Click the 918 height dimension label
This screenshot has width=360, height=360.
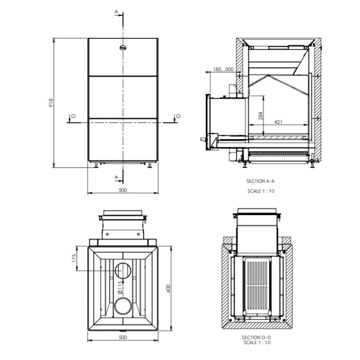tap(51, 103)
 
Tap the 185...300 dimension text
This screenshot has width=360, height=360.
tap(223, 69)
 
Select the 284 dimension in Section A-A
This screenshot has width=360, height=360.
tap(260, 116)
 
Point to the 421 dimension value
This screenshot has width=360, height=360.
tap(278, 122)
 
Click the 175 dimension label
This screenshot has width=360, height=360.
tap(74, 258)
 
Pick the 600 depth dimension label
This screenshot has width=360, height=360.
tap(168, 288)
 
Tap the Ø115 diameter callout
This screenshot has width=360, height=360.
tap(120, 287)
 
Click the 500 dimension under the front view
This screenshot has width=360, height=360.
tap(123, 190)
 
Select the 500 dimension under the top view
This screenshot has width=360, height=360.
tap(123, 337)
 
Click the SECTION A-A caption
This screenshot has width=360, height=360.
tap(260, 181)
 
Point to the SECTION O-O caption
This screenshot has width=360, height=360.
tap(256, 337)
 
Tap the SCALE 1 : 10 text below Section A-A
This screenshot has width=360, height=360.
tap(261, 191)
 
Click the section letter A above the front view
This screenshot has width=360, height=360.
tap(117, 12)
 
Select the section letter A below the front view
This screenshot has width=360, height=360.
tap(117, 177)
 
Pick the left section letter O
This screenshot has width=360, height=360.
tap(73, 116)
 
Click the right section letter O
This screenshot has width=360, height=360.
tap(178, 116)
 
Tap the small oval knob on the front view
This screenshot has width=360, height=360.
tap(123, 48)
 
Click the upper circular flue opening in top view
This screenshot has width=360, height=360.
tap(123, 270)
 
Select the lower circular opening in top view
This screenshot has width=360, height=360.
tap(123, 306)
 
